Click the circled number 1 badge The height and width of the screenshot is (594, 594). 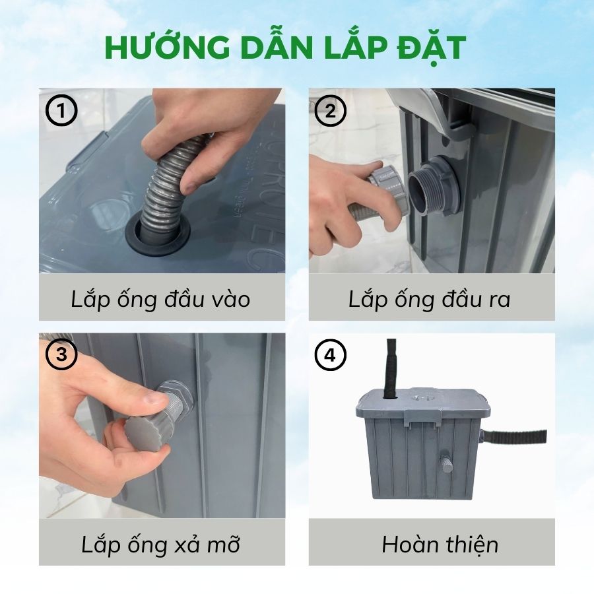click(x=61, y=111)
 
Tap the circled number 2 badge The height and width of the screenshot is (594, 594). click(x=331, y=111)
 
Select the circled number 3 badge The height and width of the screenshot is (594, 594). click(x=61, y=355)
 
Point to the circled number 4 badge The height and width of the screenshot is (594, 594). click(x=331, y=355)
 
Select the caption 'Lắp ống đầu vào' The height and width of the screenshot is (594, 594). click(x=160, y=299)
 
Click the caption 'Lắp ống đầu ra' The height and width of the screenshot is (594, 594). click(x=429, y=299)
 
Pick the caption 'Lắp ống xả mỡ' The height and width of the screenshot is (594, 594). click(x=160, y=544)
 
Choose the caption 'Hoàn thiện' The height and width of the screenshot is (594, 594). click(x=440, y=544)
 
